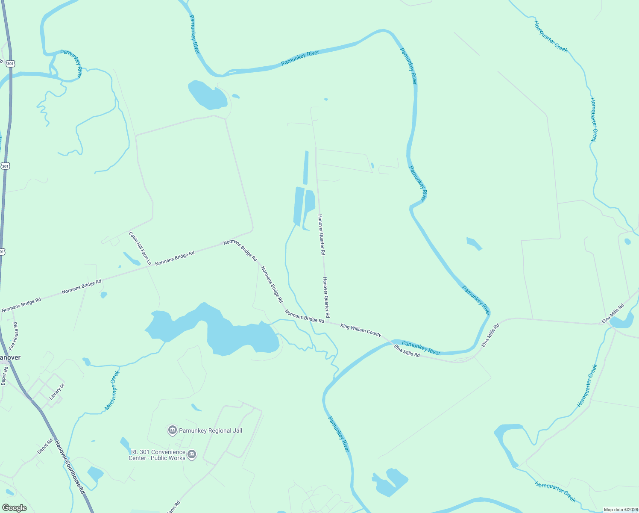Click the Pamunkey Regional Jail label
[x=211, y=430]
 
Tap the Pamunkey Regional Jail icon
[x=173, y=430]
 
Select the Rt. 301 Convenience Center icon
[x=192, y=454]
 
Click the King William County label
[x=361, y=330]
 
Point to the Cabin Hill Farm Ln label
[x=140, y=248]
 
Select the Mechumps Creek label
[x=112, y=390]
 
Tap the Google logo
[x=14, y=508]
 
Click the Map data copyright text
[x=620, y=510]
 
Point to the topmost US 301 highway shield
[x=11, y=63]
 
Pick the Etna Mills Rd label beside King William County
[x=407, y=351]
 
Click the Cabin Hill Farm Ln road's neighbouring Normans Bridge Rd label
[x=175, y=258]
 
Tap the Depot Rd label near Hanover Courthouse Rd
[x=45, y=446]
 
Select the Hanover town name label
[x=10, y=357]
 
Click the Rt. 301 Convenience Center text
[x=158, y=455]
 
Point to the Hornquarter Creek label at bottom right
[x=555, y=492]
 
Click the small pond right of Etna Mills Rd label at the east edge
[x=623, y=320]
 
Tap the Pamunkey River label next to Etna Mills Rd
[x=421, y=348]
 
